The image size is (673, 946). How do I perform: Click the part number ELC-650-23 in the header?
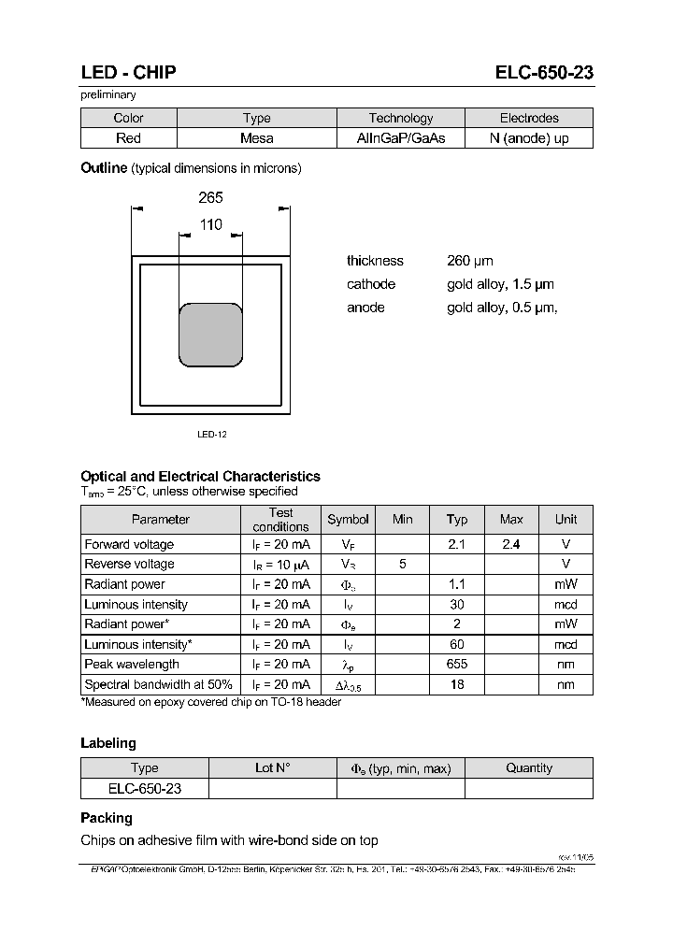(x=544, y=73)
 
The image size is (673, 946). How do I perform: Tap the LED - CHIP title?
(x=128, y=73)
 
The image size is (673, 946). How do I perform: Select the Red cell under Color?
(x=128, y=138)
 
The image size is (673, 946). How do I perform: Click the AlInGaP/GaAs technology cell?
(x=401, y=138)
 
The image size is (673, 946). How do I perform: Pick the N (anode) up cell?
(x=529, y=138)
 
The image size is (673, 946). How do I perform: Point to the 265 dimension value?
(x=210, y=198)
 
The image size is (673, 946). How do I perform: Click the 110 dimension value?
(x=210, y=224)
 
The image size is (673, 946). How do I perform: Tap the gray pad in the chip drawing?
(x=211, y=334)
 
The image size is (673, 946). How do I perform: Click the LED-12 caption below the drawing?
(x=212, y=435)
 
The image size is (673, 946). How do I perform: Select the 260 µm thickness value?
(x=470, y=261)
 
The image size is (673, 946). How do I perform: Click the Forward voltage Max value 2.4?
(x=511, y=544)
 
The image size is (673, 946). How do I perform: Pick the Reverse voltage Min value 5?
(x=403, y=564)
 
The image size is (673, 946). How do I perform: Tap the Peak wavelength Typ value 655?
(x=457, y=664)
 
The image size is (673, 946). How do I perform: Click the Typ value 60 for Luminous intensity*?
(x=457, y=644)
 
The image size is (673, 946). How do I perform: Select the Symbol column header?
(x=348, y=520)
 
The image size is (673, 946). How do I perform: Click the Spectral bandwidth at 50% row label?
(x=158, y=684)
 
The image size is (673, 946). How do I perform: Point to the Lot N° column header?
(x=272, y=768)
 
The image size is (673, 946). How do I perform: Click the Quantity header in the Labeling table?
(x=529, y=768)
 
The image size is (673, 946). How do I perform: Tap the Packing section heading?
(x=107, y=818)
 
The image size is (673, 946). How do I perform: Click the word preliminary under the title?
(x=108, y=94)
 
